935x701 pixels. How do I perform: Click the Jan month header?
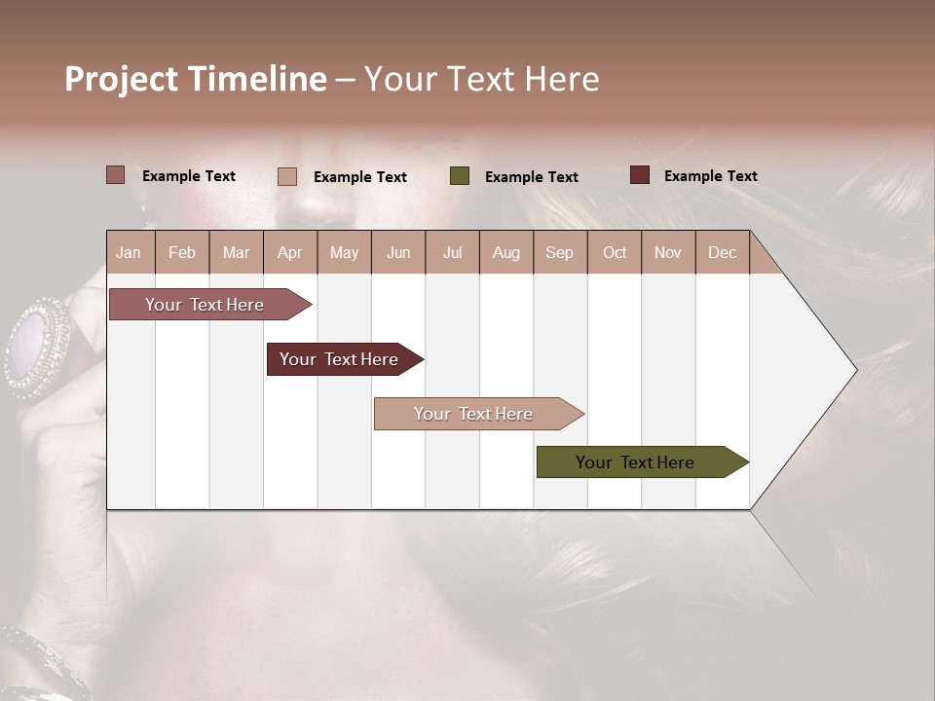pos(129,253)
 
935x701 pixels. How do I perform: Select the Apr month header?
pos(289,253)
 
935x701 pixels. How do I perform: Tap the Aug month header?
pos(505,253)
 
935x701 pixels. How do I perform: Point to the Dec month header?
pos(722,253)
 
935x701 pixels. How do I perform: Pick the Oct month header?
pos(614,253)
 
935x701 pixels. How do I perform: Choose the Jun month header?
pos(397,253)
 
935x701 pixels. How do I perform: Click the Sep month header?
pos(559,253)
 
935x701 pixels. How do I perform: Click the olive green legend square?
pos(460,176)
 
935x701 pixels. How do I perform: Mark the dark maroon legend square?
pos(639,175)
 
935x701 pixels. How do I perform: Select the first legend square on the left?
pos(115,175)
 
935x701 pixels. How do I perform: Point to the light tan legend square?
pos(286,176)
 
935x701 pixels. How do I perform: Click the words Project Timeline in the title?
pos(195,79)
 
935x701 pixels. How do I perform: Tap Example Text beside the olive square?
pos(531,177)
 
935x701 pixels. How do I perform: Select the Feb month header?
pos(182,253)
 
